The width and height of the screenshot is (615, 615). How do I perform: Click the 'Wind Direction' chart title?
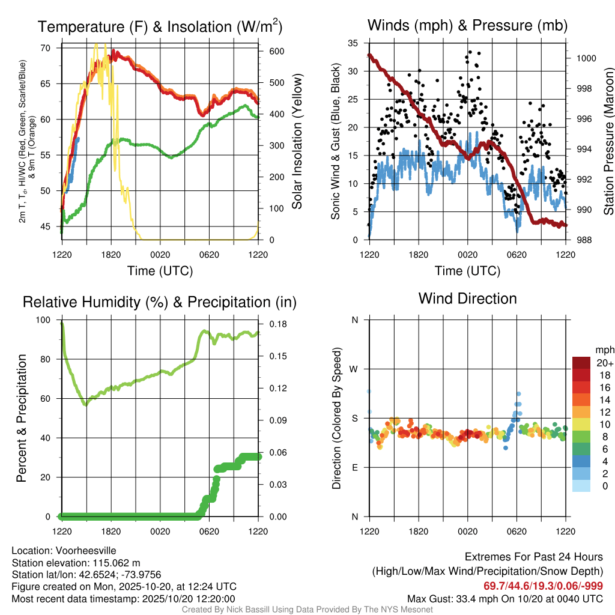pos(467,298)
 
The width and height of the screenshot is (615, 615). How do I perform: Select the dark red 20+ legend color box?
pos(581,363)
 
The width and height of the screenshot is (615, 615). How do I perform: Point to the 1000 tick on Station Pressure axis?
pos(586,59)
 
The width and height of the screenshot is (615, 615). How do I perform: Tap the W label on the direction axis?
pos(354,369)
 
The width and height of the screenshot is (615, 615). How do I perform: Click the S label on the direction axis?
pos(354,418)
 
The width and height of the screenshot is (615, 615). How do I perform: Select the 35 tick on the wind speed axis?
pos(353,43)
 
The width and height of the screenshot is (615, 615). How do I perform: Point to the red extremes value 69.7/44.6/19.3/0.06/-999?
pos(543,586)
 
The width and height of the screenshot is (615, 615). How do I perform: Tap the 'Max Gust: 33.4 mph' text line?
pos(504,598)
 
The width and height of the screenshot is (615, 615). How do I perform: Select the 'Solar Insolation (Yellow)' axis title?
pos(297,141)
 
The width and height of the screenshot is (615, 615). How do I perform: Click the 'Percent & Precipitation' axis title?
pos(20,418)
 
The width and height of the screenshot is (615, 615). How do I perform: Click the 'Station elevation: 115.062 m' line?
pos(76,563)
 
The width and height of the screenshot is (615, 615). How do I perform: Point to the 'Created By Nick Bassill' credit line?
pos(307,610)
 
